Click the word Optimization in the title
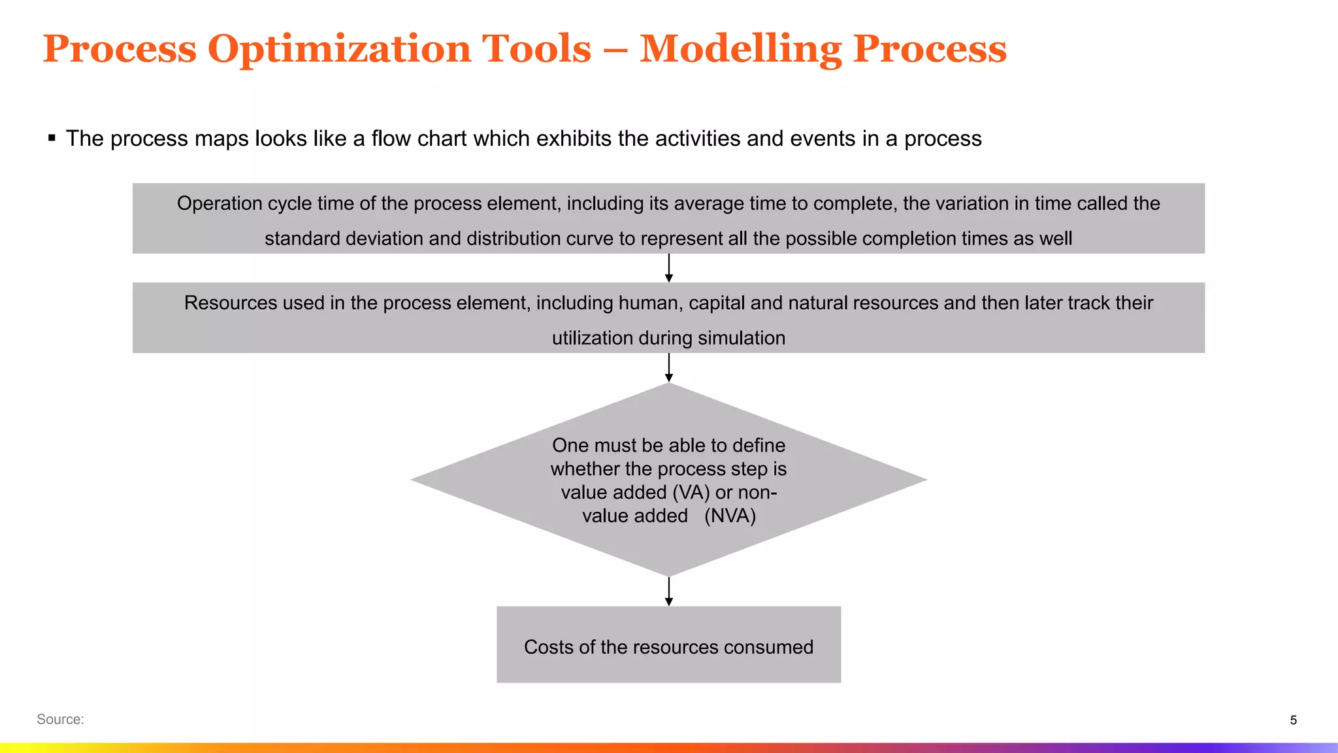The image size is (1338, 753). pyautogui.click(x=399, y=50)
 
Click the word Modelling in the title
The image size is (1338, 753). pyautogui.click(x=740, y=50)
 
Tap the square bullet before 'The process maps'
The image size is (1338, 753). pyautogui.click(x=52, y=138)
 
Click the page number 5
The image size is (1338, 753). pyautogui.click(x=1293, y=720)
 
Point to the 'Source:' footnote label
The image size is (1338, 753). pyautogui.click(x=60, y=720)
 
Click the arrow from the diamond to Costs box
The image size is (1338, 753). pyautogui.click(x=668, y=592)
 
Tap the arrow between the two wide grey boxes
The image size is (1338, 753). pyautogui.click(x=668, y=268)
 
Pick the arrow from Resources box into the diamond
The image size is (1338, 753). pyautogui.click(x=668, y=367)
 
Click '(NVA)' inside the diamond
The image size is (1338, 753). pyautogui.click(x=730, y=516)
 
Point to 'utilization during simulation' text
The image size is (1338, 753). pyautogui.click(x=668, y=338)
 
